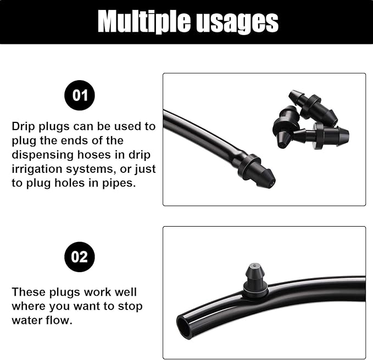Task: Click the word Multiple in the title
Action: (x=141, y=21)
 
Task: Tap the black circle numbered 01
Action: (x=80, y=95)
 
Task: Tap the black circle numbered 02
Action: (x=80, y=257)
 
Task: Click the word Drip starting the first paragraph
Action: (x=24, y=126)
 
